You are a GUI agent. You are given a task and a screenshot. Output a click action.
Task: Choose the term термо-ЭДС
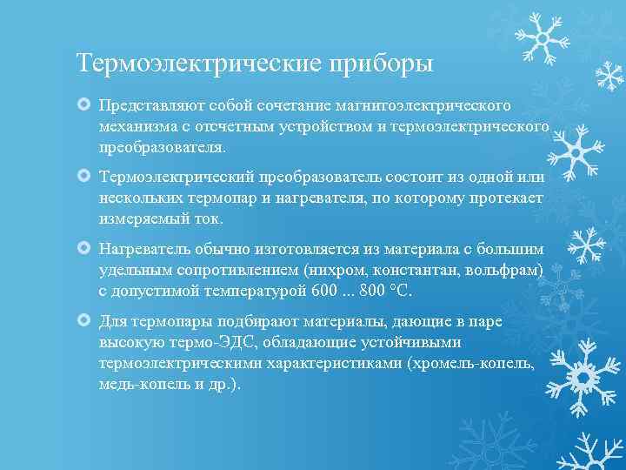[x=190, y=341]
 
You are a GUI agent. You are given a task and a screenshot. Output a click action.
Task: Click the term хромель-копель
[x=483, y=363]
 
